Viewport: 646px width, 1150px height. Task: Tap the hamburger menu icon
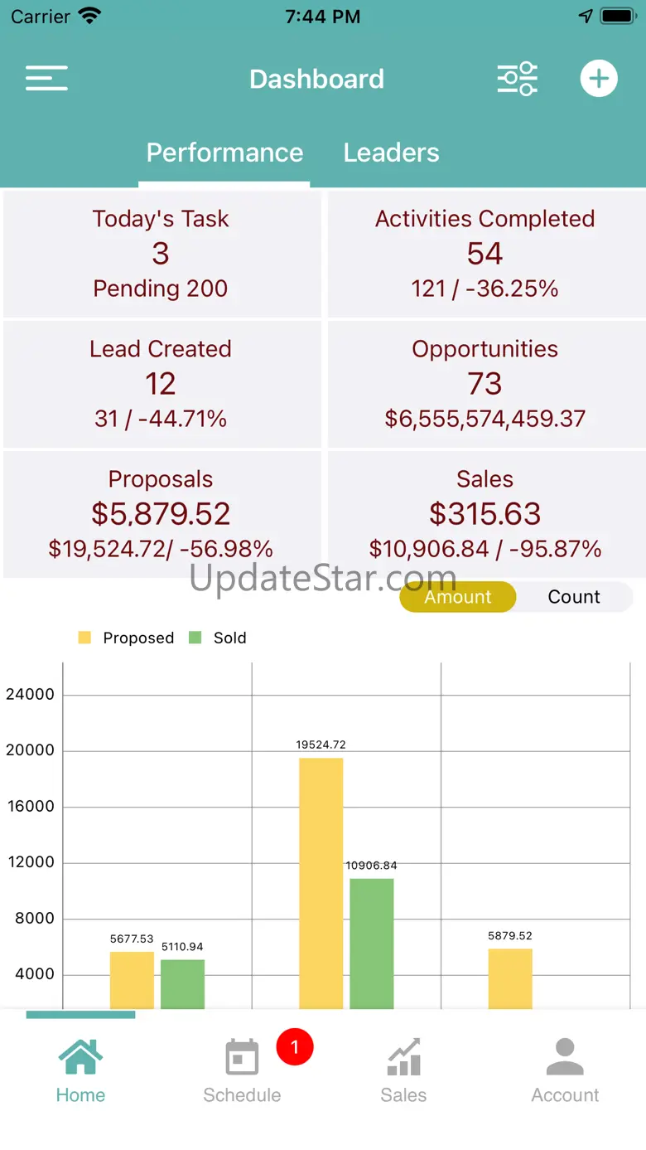tap(46, 79)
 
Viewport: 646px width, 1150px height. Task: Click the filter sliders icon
tap(518, 80)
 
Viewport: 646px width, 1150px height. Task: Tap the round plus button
tap(598, 80)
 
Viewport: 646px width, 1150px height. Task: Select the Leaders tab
tap(391, 153)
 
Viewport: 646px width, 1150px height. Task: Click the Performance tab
tap(224, 153)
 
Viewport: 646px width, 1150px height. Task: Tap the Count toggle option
tap(574, 597)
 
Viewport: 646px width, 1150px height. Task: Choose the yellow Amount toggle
tap(458, 597)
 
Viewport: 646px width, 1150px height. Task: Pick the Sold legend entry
tap(219, 638)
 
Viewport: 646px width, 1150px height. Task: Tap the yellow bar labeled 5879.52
tap(510, 978)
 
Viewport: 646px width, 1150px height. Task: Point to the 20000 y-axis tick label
tap(30, 750)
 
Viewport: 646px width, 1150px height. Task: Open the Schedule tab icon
tap(242, 1059)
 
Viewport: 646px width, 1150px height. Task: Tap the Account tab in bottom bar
tap(565, 1070)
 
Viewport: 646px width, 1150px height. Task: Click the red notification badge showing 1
tap(294, 1047)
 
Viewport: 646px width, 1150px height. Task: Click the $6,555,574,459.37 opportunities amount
tap(485, 419)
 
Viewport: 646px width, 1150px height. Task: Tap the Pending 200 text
tap(161, 289)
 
